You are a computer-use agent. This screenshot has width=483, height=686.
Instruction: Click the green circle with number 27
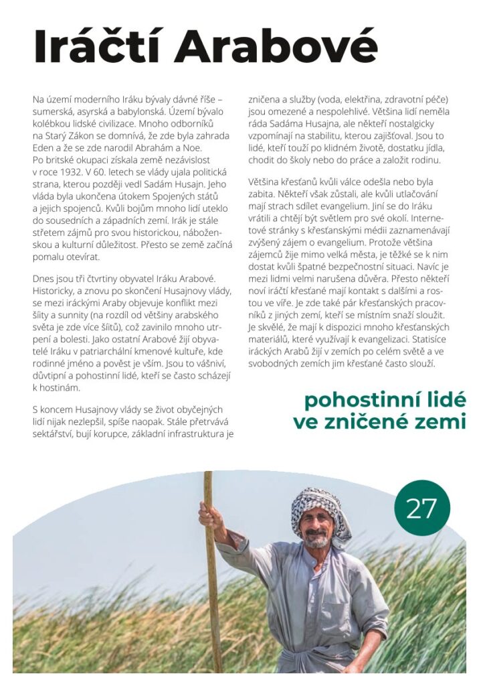(x=421, y=508)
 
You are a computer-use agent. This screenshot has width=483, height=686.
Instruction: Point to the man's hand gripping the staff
(x=209, y=513)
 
